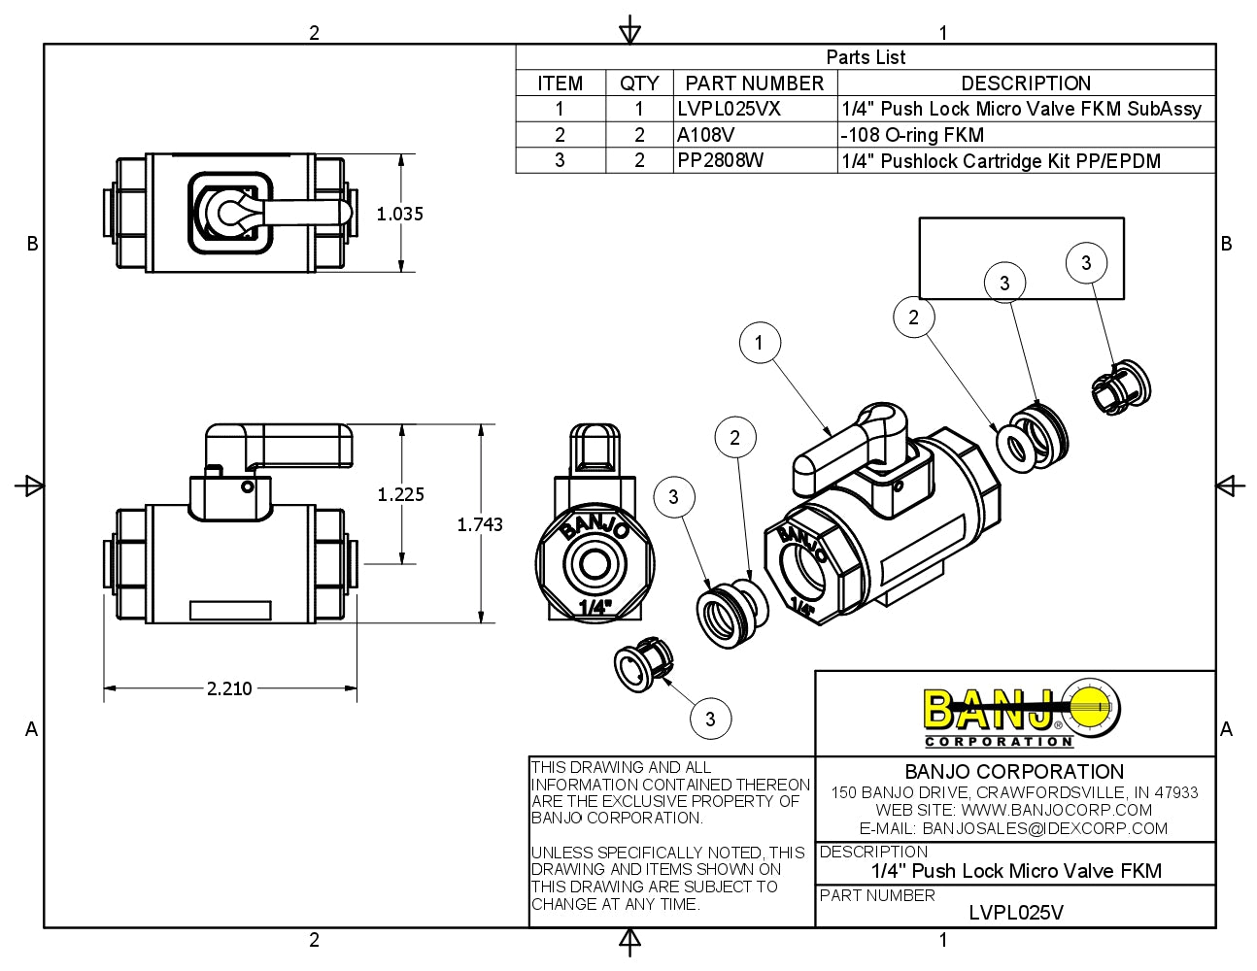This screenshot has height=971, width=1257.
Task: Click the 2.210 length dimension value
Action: [x=229, y=688]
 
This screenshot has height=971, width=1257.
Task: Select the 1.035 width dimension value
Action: [x=400, y=214]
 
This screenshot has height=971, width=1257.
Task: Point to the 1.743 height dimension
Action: [x=480, y=524]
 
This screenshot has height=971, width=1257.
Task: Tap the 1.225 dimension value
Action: [x=400, y=494]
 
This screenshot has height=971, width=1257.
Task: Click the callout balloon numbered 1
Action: [x=759, y=342]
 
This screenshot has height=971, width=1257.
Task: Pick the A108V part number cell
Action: [x=706, y=135]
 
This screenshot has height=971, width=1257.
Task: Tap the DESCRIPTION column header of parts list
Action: [x=1026, y=84]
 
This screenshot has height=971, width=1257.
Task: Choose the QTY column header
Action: [x=639, y=84]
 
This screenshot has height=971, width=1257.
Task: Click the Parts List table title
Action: [x=866, y=57]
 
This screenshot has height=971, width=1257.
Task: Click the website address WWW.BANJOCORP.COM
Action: [x=1056, y=810]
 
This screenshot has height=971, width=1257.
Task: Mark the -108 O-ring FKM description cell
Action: [x=912, y=135]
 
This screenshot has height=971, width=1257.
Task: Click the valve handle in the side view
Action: [x=282, y=446]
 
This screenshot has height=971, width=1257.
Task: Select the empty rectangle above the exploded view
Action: [x=1021, y=257]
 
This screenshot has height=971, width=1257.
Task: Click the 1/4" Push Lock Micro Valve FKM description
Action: [x=1016, y=870]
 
